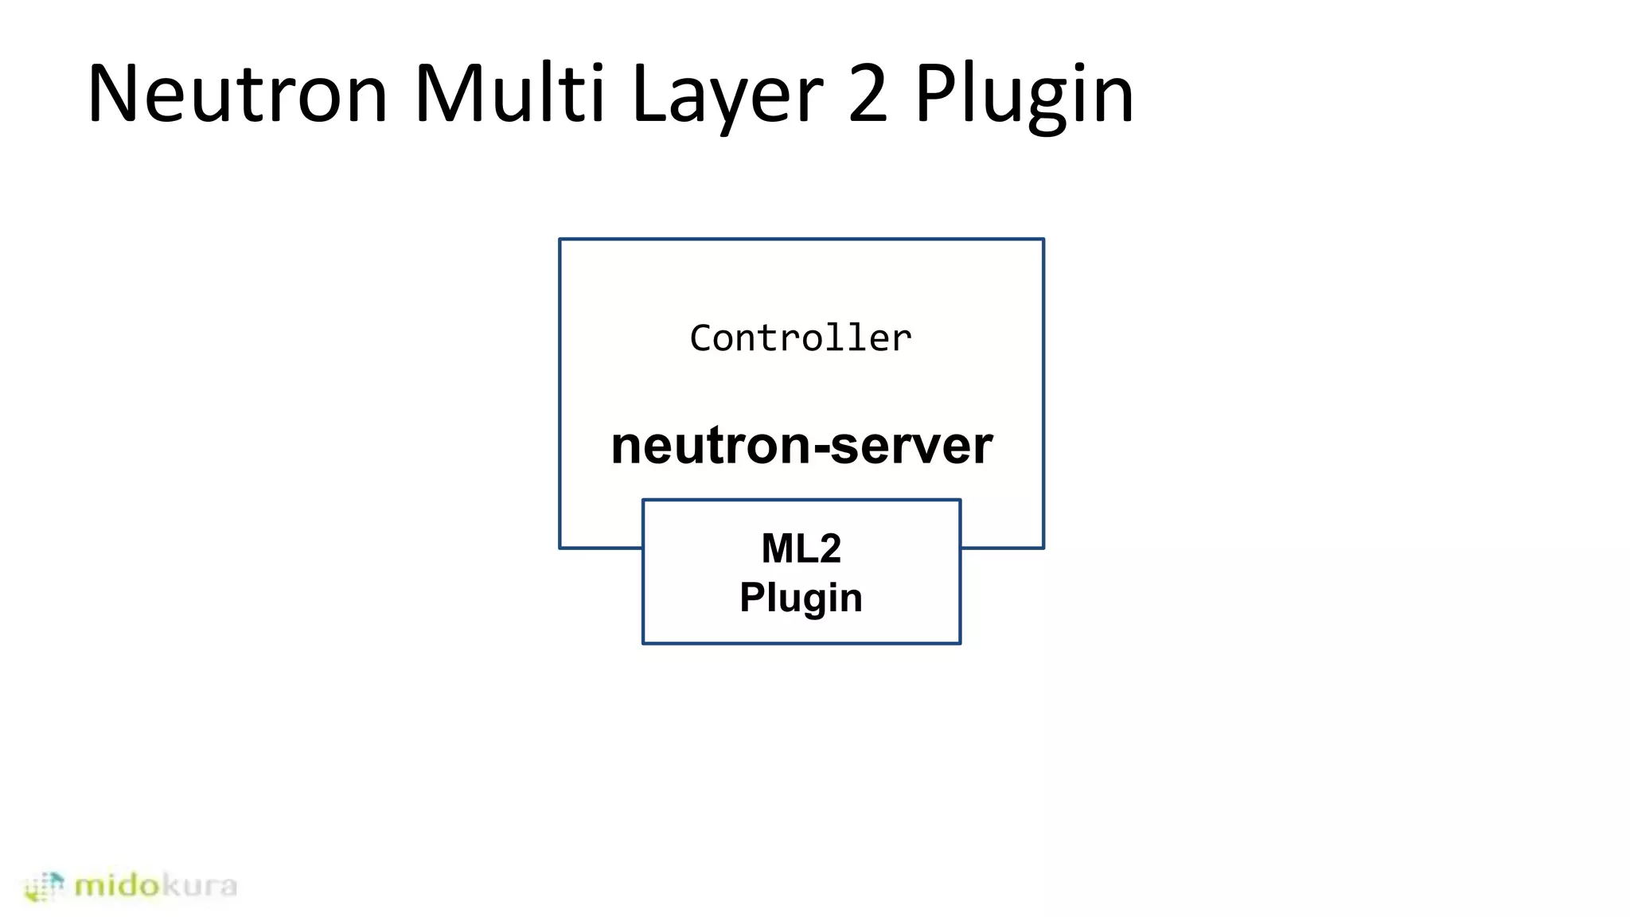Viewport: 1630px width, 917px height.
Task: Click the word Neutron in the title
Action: point(236,94)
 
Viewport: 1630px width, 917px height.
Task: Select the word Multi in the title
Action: point(509,94)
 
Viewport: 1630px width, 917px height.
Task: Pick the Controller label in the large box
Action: point(801,338)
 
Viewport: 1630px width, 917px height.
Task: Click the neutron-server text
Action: point(801,445)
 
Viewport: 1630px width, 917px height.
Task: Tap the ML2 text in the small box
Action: point(801,548)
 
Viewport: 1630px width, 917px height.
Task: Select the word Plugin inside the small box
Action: point(801,598)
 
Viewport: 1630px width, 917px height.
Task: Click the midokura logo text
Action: point(155,885)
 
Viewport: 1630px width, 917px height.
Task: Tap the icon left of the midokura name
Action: point(45,886)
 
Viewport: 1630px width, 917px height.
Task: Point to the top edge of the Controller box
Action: point(801,239)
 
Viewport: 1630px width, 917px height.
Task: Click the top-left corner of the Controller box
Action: point(560,239)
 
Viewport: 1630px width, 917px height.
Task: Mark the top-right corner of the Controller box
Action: point(1043,239)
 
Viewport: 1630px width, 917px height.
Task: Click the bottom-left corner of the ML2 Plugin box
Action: point(643,643)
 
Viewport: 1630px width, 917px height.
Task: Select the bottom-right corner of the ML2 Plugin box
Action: point(961,643)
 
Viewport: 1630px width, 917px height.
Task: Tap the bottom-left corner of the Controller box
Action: point(560,548)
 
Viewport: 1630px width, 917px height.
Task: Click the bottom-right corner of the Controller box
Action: point(1043,548)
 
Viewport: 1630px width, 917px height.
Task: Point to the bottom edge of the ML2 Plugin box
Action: point(801,643)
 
